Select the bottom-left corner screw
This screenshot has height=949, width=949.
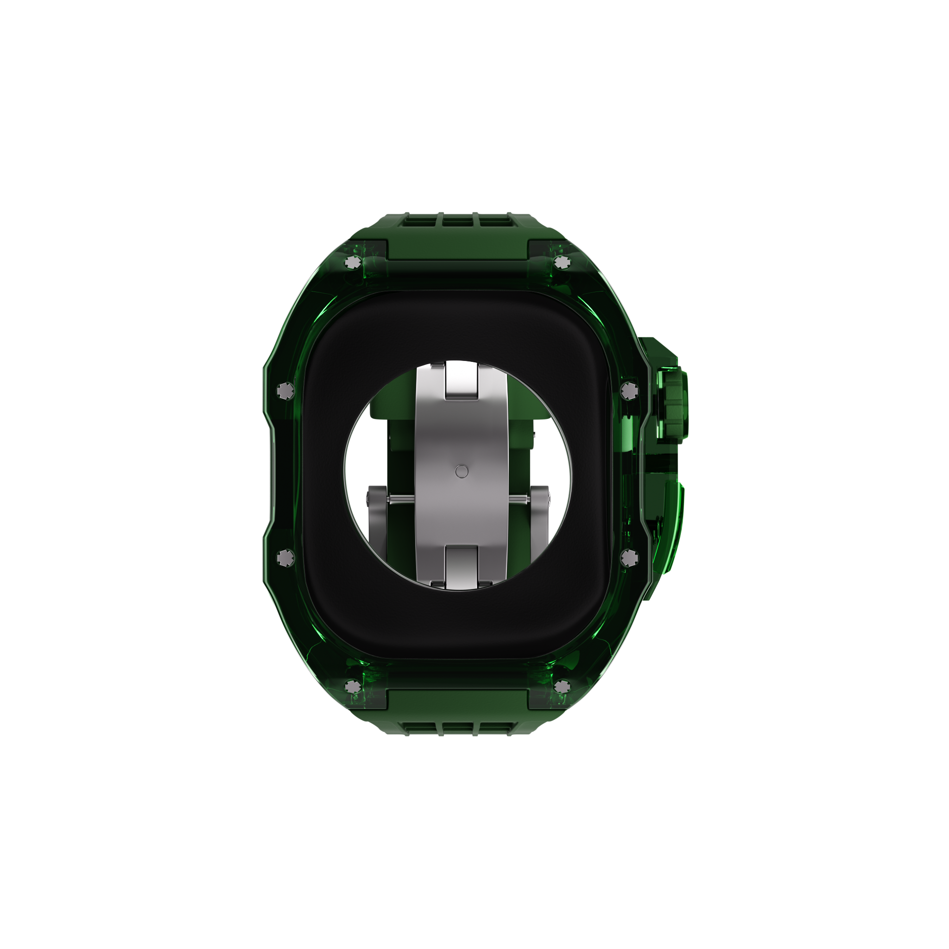pos(352,686)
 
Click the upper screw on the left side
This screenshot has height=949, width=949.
pos(285,391)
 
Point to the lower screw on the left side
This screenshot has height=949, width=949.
pos(285,557)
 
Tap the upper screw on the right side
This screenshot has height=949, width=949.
pos(629,391)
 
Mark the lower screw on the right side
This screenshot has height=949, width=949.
pos(629,557)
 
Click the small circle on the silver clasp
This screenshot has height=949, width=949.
pos(461,472)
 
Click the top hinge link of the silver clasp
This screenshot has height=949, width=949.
pos(461,381)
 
